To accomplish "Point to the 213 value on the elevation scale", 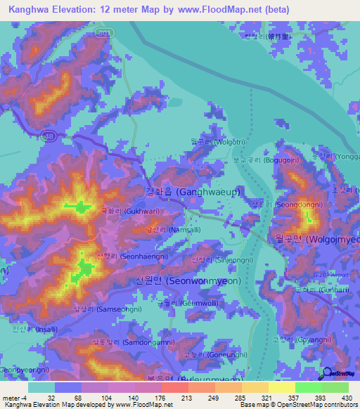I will [167, 397].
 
